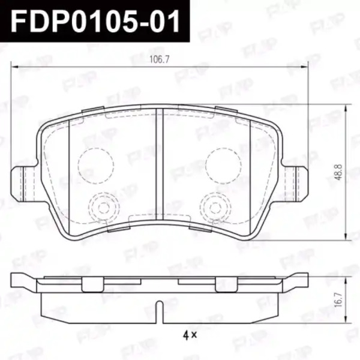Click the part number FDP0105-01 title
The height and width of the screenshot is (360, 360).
pyautogui.click(x=95, y=21)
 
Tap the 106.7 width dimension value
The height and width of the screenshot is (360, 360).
pyautogui.click(x=160, y=59)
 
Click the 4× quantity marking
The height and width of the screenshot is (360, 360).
pyautogui.click(x=190, y=335)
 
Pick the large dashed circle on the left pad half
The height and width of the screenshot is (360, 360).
pyautogui.click(x=96, y=166)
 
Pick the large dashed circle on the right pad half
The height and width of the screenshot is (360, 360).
pyautogui.click(x=223, y=166)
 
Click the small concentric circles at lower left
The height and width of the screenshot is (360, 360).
pyautogui.click(x=104, y=208)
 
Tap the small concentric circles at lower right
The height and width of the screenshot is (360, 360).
pyautogui.click(x=215, y=208)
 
